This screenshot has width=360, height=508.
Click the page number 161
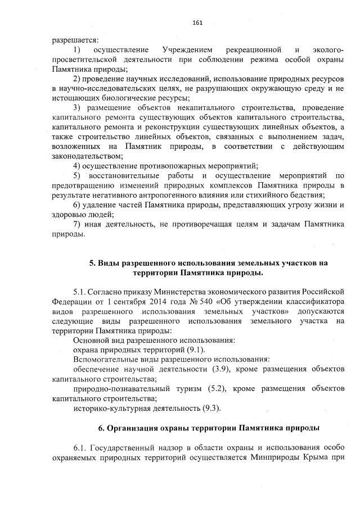197,23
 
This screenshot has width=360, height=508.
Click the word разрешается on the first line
75,40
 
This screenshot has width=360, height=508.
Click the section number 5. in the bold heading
93,263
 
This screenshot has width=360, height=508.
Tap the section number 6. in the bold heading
102,428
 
